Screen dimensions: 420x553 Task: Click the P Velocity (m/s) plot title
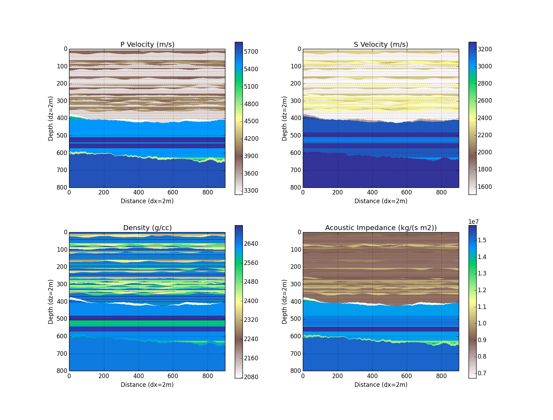click(147, 44)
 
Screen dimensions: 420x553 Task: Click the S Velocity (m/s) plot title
click(381, 44)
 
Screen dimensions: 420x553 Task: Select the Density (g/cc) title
click(147, 228)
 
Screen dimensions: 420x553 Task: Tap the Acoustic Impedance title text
click(381, 228)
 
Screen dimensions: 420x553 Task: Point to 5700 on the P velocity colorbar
click(251, 52)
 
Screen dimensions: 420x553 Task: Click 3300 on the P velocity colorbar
click(251, 191)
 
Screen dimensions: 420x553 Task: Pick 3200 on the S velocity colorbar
click(485, 49)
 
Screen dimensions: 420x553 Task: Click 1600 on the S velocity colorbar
click(485, 187)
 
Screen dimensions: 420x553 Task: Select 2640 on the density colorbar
click(251, 244)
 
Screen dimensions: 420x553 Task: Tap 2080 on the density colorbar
click(251, 377)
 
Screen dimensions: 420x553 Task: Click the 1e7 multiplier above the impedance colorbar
click(473, 222)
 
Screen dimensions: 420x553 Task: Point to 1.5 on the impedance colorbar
click(482, 240)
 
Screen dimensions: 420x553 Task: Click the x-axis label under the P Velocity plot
click(147, 201)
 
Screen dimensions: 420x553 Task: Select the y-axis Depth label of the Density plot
click(51, 302)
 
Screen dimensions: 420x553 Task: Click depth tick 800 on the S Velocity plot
click(296, 187)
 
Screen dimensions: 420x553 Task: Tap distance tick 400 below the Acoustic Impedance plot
click(372, 376)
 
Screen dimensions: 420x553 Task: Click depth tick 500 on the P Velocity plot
click(62, 135)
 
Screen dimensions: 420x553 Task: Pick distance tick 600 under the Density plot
click(173, 376)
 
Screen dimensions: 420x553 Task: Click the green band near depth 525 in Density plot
click(147, 323)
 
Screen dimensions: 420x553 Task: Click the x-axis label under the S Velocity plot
click(381, 201)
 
